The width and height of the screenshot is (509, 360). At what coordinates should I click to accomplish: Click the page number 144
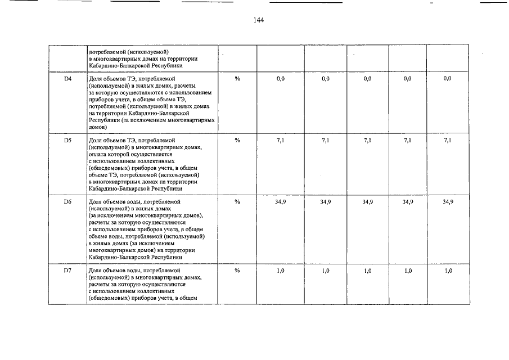click(x=259, y=20)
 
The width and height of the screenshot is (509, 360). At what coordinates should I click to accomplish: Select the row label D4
click(x=68, y=79)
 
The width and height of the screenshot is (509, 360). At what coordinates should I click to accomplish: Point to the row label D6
click(x=68, y=201)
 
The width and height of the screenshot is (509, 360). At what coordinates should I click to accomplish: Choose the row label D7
click(x=68, y=271)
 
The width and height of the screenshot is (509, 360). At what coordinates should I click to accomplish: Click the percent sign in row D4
click(x=237, y=79)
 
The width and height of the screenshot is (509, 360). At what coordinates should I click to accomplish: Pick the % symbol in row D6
click(x=237, y=201)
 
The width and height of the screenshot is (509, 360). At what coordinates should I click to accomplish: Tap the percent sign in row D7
click(x=237, y=271)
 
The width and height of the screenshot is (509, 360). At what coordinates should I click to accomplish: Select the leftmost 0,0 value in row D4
click(x=281, y=79)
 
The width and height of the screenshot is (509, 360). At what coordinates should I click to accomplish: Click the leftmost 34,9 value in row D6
click(x=281, y=201)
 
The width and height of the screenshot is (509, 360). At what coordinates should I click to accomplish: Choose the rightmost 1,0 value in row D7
click(x=448, y=271)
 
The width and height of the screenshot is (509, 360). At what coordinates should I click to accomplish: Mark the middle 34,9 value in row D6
click(x=367, y=201)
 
